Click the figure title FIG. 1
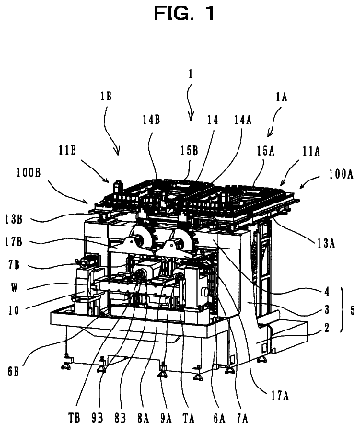click(184, 14)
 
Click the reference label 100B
click(29, 173)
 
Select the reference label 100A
click(341, 174)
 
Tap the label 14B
click(151, 120)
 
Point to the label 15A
click(266, 151)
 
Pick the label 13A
click(326, 243)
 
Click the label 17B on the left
click(14, 242)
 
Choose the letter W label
click(14, 288)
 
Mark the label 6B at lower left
click(13, 372)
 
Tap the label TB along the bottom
click(74, 418)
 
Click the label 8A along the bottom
click(143, 418)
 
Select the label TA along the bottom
click(189, 418)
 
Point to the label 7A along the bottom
click(242, 418)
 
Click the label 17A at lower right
click(280, 396)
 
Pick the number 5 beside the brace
click(352, 310)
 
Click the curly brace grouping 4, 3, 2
click(342, 310)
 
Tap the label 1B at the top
click(106, 97)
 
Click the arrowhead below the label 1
click(191, 117)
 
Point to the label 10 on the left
click(14, 310)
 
